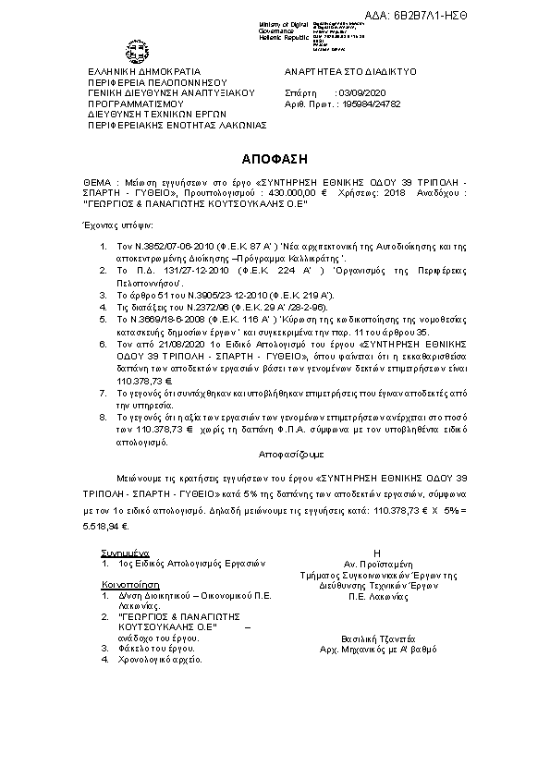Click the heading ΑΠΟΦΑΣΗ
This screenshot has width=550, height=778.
[275, 158]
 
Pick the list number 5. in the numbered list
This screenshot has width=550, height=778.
[104, 317]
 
